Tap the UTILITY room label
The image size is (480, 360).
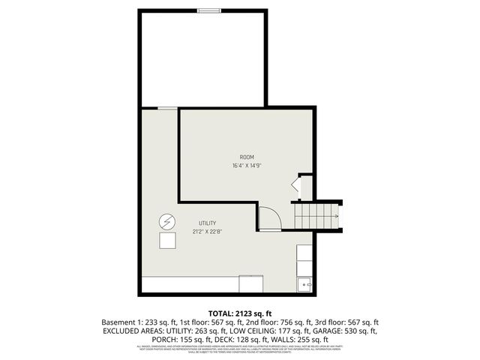(x=208, y=223)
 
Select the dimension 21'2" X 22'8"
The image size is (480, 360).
(x=208, y=231)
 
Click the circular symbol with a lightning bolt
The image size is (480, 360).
(x=167, y=222)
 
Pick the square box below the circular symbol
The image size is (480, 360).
(x=167, y=241)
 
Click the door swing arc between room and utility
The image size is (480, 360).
(x=270, y=217)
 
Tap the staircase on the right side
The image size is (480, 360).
(x=316, y=217)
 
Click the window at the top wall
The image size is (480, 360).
(x=209, y=10)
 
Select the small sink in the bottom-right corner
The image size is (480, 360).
(x=304, y=284)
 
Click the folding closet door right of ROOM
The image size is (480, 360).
(x=297, y=187)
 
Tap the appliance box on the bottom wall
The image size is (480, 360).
(x=251, y=284)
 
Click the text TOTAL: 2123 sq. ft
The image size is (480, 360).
(x=240, y=313)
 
